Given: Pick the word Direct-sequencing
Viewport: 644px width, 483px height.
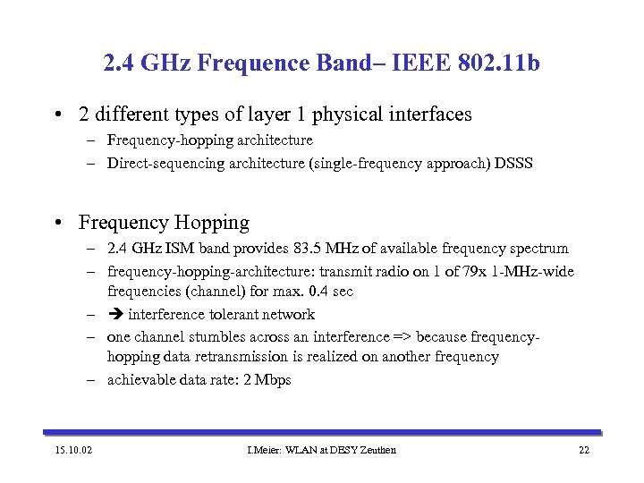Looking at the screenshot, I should (x=159, y=164).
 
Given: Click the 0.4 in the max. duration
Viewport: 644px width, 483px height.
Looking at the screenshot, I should (x=317, y=292).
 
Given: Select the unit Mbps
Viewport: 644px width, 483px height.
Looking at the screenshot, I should (x=274, y=380).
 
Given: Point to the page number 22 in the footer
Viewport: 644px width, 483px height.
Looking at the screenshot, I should (x=583, y=449).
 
